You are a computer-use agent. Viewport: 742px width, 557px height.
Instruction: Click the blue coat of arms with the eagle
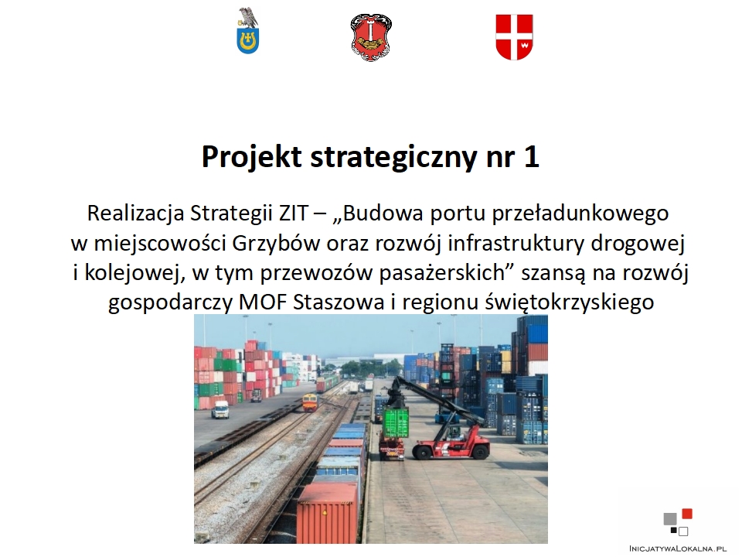pos(248,31)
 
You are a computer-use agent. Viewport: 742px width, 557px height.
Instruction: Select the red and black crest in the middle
pos(372,37)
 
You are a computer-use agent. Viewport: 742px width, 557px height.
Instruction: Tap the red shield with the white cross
pos(515,37)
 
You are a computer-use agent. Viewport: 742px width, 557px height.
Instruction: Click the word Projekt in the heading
pos(252,157)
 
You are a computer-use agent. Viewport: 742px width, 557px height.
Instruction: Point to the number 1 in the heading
pos(531,157)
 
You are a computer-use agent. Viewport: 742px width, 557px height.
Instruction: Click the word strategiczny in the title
pos(393,158)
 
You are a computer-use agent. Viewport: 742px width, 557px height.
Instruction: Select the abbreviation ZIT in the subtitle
pos(293,214)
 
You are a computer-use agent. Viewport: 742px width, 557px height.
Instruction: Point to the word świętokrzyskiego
pos(570,302)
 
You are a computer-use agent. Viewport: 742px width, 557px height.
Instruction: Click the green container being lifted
pos(396,422)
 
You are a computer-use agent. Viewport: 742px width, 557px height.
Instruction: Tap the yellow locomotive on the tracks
pos(309,402)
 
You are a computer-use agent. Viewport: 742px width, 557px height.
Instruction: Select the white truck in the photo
pos(220,410)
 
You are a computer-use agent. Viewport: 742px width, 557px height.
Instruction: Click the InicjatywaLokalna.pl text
pos(678,548)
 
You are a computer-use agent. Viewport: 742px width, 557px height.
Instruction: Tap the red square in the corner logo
pos(687,514)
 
